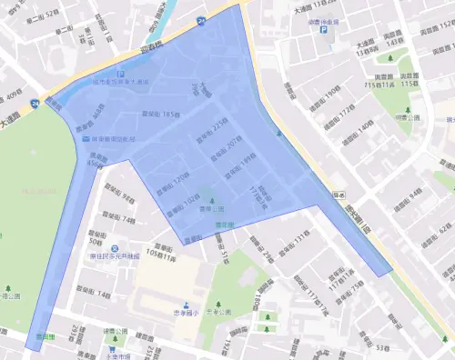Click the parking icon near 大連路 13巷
pos(322,29)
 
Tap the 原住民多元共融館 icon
pos(115,247)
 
